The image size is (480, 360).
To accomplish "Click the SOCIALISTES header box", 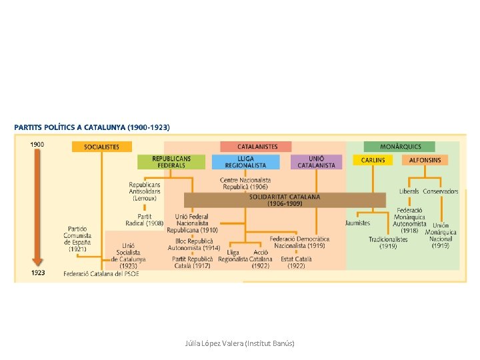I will coord(101,147).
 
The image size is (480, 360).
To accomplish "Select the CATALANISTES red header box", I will coord(257,146).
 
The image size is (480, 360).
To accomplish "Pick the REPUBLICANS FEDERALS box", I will coord(171,162).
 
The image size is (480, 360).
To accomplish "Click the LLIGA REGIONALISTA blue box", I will coord(245,162).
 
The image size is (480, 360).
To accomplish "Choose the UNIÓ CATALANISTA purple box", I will coord(316,162).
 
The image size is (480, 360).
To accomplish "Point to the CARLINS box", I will coord(373,160).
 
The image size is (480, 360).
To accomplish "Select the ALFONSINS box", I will coord(425,160).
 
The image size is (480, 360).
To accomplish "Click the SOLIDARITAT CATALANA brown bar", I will coord(285,200).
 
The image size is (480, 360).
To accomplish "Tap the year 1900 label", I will coord(37,144).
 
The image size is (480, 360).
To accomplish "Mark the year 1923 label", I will coord(37,273).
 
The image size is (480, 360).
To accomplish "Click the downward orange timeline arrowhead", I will coord(38,261).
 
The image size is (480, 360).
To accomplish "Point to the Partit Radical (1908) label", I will coord(145,219).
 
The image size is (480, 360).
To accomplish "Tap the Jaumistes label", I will coord(358,223).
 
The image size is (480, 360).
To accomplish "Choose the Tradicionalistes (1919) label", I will coord(388,243).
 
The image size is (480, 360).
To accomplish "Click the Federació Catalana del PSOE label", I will coord(101,274).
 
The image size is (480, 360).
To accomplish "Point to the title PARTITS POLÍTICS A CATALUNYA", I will coord(92,127).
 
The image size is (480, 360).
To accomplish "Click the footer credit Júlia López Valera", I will coord(239,343).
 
